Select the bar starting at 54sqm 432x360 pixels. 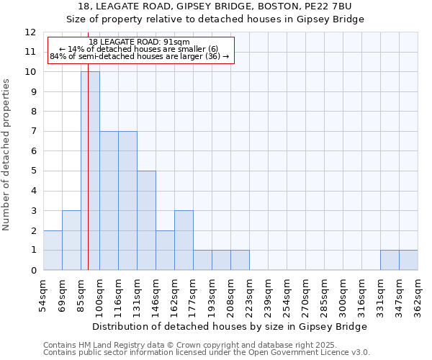[53, 250]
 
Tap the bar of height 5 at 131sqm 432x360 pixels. [146, 220]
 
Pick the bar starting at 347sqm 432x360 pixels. [408, 260]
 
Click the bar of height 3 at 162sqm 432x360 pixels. [184, 240]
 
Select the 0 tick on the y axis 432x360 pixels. [33, 270]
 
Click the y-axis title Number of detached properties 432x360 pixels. [7, 155]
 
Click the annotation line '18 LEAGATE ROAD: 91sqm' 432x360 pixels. [140, 42]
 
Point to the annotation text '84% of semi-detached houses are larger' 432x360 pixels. [140, 56]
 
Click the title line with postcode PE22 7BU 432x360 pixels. [215, 6]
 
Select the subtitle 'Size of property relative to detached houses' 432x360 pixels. [215, 19]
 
